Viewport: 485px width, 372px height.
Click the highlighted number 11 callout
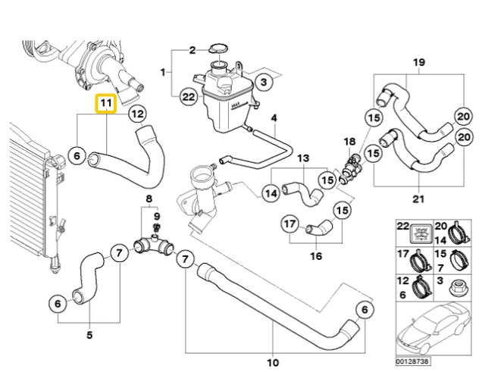105,102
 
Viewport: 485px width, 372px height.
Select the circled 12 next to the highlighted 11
136,114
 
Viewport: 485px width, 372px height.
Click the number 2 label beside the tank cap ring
192,50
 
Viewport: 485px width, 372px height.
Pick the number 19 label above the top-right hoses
418,62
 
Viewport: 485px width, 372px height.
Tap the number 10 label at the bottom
273,361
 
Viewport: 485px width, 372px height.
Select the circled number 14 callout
271,193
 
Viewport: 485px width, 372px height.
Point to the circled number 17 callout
289,224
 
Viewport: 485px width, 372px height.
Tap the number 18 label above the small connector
349,142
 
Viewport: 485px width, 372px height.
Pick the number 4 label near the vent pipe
274,117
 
